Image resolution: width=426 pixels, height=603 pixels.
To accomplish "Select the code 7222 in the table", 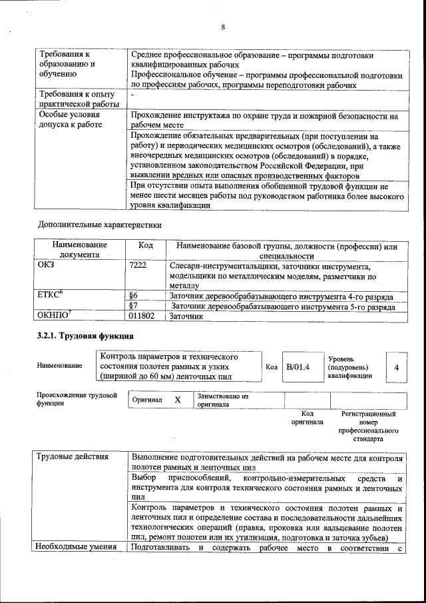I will tap(138, 266).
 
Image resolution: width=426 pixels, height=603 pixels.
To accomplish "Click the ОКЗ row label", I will tap(47, 266).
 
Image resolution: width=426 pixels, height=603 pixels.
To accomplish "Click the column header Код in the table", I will tap(145, 245).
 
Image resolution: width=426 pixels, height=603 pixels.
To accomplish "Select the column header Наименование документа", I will tap(79, 250).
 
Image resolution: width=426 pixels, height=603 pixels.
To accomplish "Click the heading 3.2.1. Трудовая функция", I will tap(85, 336).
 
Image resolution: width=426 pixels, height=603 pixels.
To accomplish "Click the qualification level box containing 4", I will tap(397, 367).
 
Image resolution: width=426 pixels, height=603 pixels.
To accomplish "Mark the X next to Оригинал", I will tap(178, 400).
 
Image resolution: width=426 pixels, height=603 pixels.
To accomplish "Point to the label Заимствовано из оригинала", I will tap(222, 400).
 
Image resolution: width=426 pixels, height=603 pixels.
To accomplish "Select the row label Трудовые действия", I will tap(68, 459).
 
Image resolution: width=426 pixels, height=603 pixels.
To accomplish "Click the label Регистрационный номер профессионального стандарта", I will tap(367, 426).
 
